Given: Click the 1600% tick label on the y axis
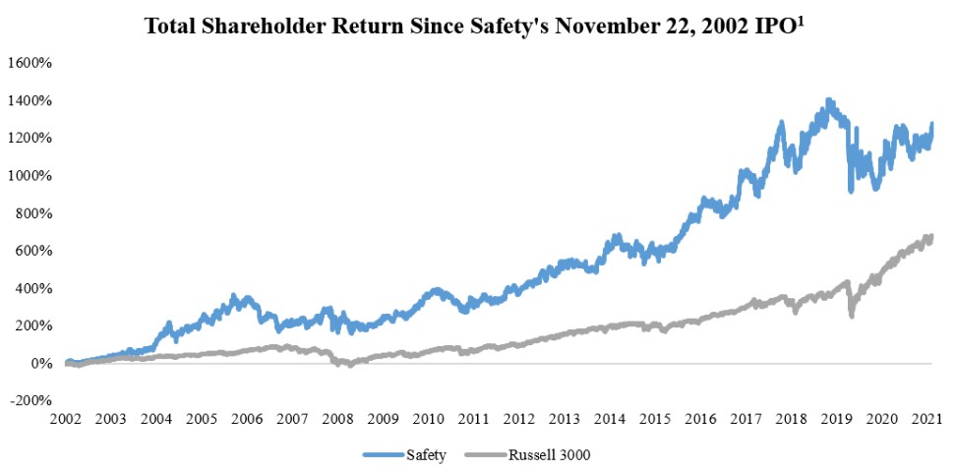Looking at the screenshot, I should (30, 63).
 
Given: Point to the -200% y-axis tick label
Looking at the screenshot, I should (30, 401).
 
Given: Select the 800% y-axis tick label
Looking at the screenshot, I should (32, 213).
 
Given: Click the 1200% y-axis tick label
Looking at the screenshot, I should (30, 138).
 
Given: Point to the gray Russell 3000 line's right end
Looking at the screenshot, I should (930, 237).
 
